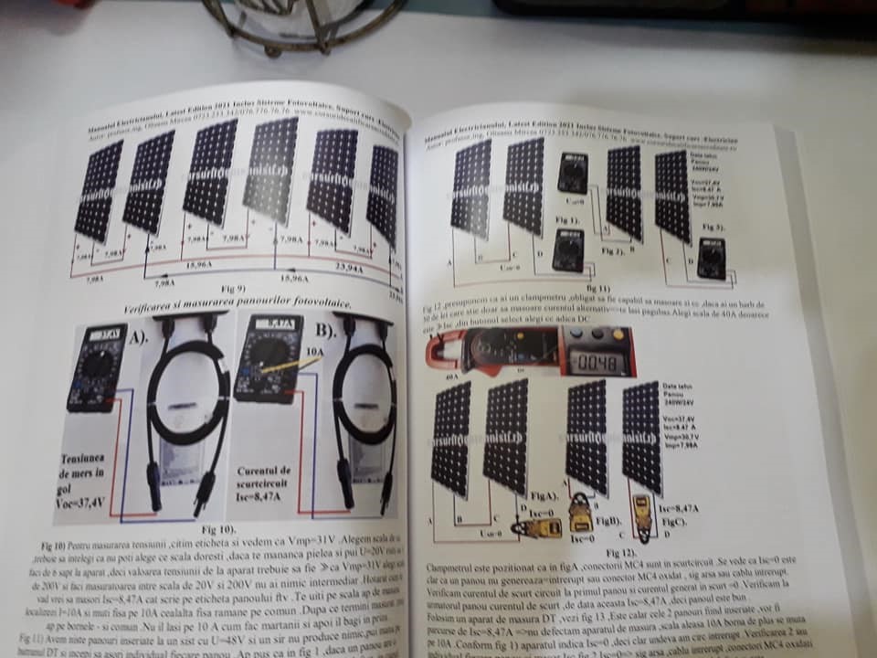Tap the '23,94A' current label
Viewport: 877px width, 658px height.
pos(348,270)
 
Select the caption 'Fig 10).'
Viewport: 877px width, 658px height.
pos(219,528)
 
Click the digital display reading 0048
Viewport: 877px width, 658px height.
pos(599,362)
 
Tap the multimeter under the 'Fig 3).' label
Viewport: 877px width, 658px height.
pos(711,258)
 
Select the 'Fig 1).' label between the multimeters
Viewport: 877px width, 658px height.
pos(566,220)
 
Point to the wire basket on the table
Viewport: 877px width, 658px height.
pos(301,23)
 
